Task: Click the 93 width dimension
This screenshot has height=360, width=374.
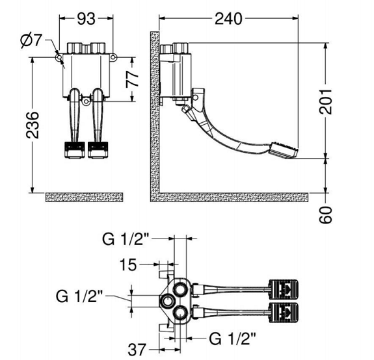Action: [86, 18]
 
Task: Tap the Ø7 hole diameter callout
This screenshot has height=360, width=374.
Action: [31, 40]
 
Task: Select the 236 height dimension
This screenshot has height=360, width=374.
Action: [33, 125]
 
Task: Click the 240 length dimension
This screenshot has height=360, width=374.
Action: [228, 18]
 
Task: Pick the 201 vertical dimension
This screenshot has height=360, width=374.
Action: [326, 101]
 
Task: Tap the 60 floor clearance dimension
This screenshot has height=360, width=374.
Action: [326, 214]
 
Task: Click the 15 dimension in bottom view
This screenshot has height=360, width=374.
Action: [128, 264]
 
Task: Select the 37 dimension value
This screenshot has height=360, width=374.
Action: [137, 350]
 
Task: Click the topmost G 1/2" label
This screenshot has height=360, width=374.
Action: [126, 239]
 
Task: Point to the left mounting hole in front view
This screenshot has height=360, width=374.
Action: [59, 57]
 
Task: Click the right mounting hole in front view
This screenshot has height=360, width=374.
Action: [114, 57]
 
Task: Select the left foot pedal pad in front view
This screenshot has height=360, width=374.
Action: [75, 150]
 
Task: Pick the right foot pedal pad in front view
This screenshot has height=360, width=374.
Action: [98, 150]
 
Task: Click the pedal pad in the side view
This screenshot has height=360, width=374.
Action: [284, 150]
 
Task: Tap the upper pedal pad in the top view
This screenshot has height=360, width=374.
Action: [284, 289]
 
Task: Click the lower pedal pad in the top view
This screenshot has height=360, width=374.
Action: [284, 313]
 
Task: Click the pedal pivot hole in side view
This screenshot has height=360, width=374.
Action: [196, 97]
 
